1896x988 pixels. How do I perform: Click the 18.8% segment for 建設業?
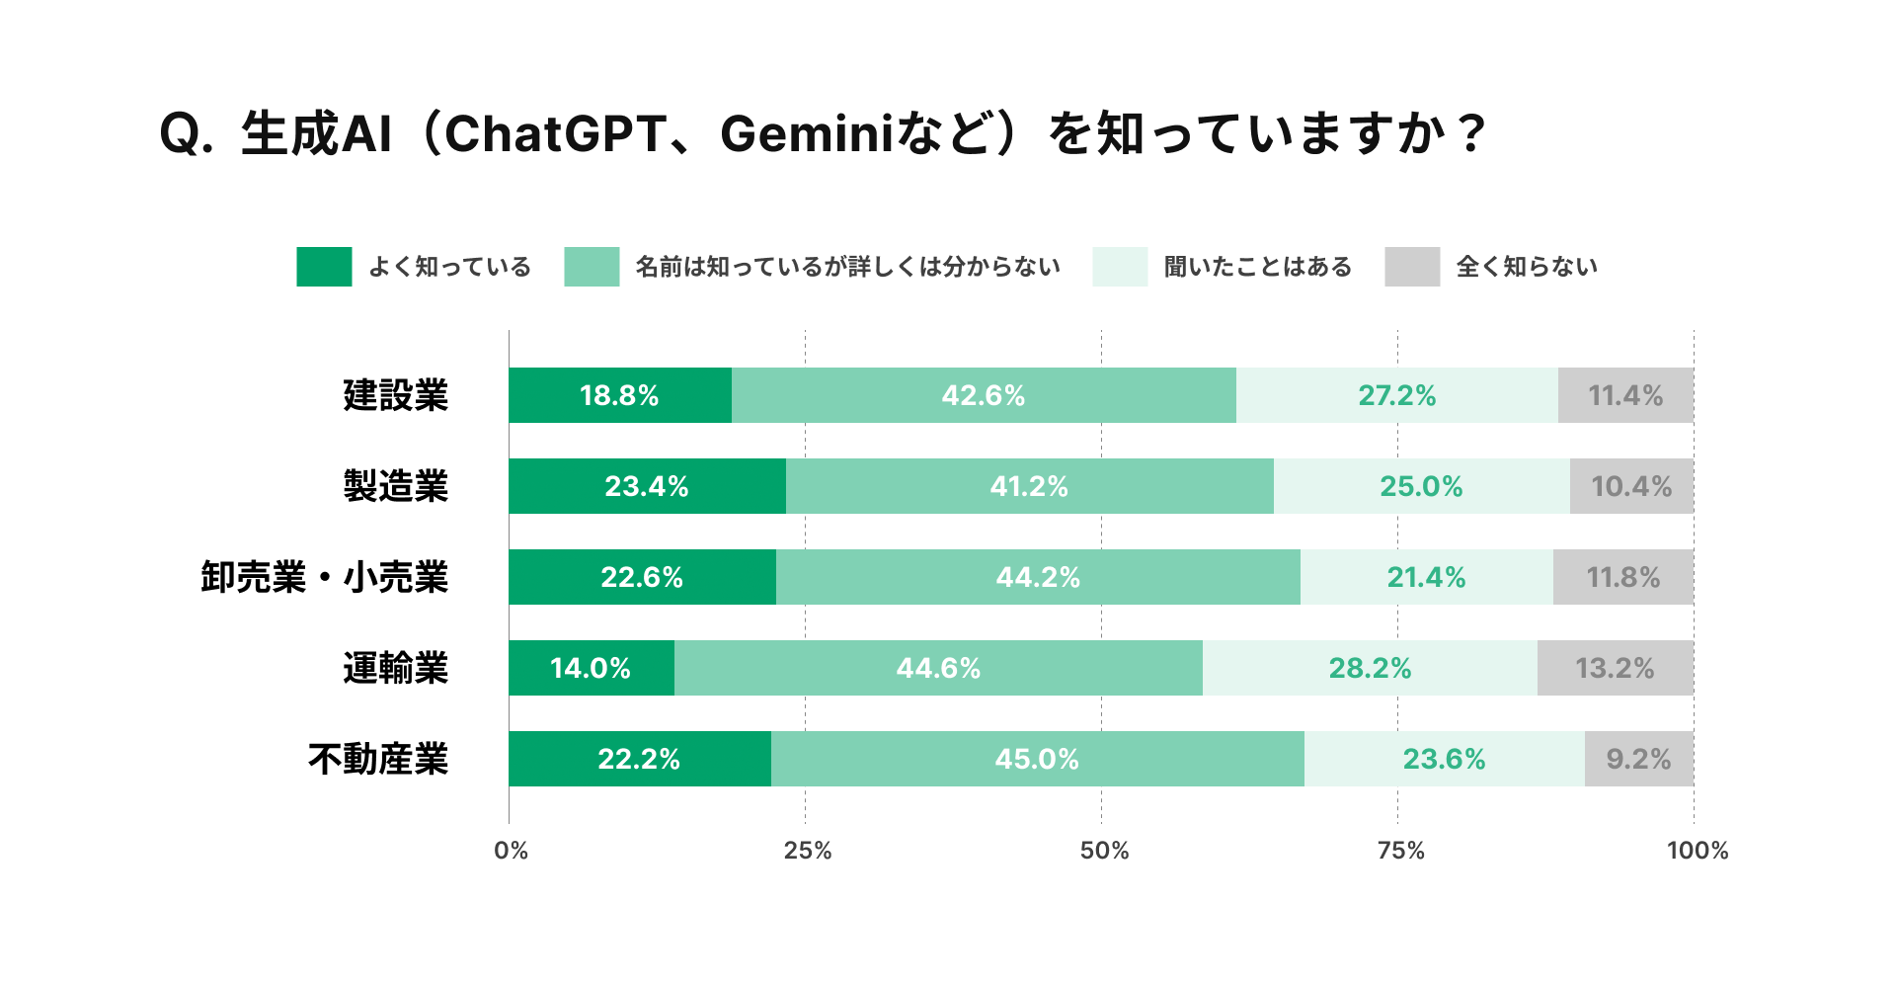point(619,395)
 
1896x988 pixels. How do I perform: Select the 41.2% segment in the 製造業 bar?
point(1029,486)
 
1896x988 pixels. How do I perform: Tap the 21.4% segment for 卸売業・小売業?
point(1426,577)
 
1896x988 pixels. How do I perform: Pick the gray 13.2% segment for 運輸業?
point(1615,668)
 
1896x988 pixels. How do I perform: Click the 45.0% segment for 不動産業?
point(1037,759)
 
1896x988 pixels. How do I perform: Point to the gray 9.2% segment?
point(1638,759)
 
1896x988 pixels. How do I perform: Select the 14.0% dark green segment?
point(591,668)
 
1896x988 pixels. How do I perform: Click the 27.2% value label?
point(1396,395)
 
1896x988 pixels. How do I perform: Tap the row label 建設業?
point(395,395)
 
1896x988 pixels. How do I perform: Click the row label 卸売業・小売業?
point(324,577)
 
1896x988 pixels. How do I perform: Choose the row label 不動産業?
point(377,759)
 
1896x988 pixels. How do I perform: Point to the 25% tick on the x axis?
point(807,851)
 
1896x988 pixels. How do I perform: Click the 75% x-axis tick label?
point(1400,851)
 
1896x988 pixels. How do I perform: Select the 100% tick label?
point(1697,851)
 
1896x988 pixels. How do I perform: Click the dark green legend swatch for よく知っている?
point(324,267)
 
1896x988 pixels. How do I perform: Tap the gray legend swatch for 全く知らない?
point(1412,267)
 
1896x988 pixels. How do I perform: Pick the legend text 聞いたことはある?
point(1257,267)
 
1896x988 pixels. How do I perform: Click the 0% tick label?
point(511,851)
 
